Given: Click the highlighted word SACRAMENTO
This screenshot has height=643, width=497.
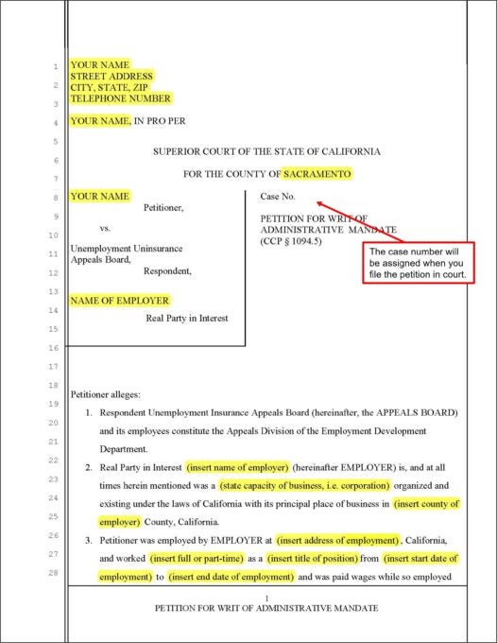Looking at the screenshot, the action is tap(317, 174).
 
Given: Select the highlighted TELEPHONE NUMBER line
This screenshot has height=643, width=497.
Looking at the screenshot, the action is tap(121, 97).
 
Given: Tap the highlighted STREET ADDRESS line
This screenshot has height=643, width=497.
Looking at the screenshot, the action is tap(111, 76).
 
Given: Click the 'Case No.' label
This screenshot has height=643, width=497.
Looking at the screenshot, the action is tap(278, 197).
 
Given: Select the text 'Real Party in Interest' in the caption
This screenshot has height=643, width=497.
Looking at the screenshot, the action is tap(187, 319).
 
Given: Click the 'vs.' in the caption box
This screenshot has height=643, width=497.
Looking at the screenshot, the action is tap(105, 229).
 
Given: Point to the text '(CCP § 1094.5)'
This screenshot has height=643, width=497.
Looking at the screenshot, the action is tap(291, 242).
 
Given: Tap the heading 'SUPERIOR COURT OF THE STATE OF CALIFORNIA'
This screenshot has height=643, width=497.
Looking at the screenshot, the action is tap(267, 151).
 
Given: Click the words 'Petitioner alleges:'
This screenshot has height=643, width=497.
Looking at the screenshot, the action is tap(105, 393).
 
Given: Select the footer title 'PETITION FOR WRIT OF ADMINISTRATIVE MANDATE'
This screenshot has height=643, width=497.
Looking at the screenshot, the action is tap(267, 608).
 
